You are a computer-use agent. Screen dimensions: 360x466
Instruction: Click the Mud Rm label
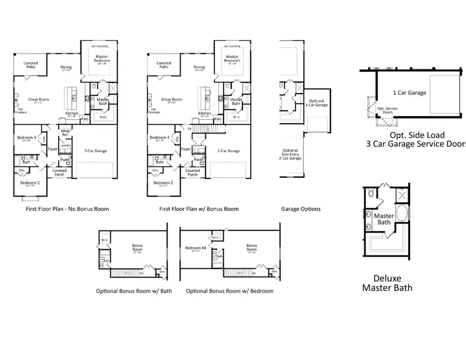tap(66, 133)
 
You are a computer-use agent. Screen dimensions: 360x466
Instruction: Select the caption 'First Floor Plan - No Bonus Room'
tap(67, 209)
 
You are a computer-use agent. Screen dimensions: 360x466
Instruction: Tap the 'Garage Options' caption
tap(301, 209)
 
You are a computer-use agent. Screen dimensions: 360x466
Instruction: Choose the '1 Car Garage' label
tap(410, 93)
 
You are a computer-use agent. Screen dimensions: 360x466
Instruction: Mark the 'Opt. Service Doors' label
tap(387, 110)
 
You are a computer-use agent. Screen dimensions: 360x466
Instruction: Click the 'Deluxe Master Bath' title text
tap(387, 283)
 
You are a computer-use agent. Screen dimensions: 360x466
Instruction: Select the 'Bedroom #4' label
tap(195, 248)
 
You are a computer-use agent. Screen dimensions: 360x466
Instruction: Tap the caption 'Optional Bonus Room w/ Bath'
tap(134, 291)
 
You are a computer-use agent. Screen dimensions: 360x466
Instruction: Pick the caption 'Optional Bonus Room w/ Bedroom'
tap(229, 291)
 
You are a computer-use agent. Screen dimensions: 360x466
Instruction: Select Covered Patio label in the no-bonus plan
tap(31, 65)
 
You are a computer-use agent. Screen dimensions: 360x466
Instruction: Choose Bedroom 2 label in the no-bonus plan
tap(30, 183)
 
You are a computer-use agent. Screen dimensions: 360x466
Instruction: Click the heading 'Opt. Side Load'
tap(410, 135)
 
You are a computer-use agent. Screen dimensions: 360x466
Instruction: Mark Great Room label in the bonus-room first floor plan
tap(171, 99)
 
